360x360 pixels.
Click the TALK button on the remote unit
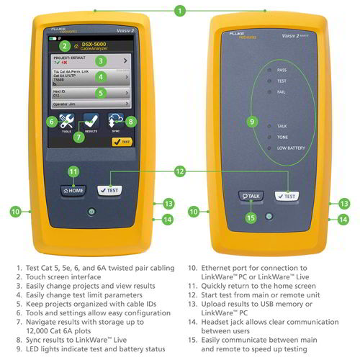(x=251, y=195)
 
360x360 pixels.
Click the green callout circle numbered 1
(x=180, y=11)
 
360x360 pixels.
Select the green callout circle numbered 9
(x=251, y=122)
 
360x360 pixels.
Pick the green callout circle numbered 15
(x=251, y=217)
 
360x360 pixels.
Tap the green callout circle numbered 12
(x=179, y=171)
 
